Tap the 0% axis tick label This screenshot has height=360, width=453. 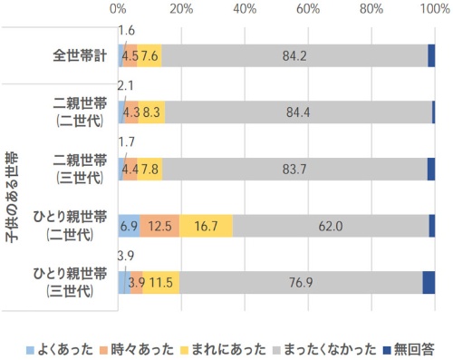click(x=119, y=10)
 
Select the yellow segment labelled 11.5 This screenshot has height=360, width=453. click(x=161, y=282)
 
